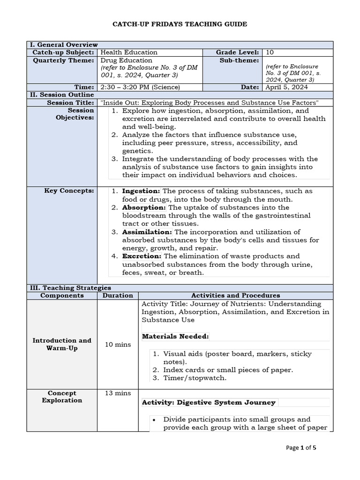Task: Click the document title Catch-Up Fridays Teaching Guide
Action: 180,24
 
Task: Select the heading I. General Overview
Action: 63,45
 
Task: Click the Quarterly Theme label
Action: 63,60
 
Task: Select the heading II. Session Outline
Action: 62,95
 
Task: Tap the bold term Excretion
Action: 142,256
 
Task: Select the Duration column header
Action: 118,296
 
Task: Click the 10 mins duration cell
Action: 118,345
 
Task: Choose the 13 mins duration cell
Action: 118,393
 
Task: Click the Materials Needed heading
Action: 175,336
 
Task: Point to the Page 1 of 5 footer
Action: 301,448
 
